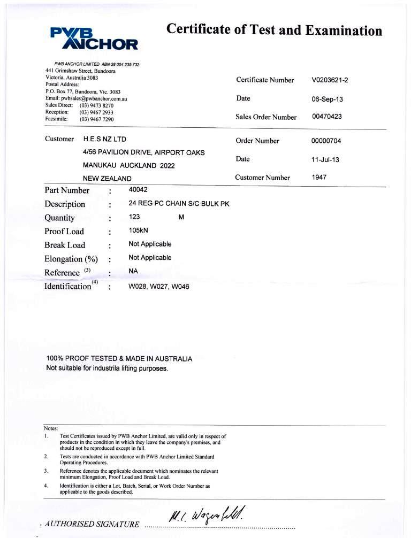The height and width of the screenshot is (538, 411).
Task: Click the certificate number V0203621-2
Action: click(330, 80)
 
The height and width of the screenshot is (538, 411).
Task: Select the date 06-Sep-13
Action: click(328, 99)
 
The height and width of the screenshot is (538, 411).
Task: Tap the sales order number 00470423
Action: click(327, 117)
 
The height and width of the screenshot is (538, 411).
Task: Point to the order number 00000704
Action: click(326, 141)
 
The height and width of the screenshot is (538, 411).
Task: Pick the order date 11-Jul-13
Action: click(325, 159)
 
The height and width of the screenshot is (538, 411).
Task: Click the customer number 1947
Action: click(319, 178)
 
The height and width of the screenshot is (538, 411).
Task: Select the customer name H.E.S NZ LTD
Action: click(105, 139)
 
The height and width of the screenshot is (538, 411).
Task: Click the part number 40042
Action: click(138, 190)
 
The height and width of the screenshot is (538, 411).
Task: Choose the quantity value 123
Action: click(135, 217)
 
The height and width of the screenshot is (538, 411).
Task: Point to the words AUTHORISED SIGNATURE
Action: click(93, 524)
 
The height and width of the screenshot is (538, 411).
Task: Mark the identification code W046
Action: click(180, 286)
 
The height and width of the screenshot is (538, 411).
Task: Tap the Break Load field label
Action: click(65, 245)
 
